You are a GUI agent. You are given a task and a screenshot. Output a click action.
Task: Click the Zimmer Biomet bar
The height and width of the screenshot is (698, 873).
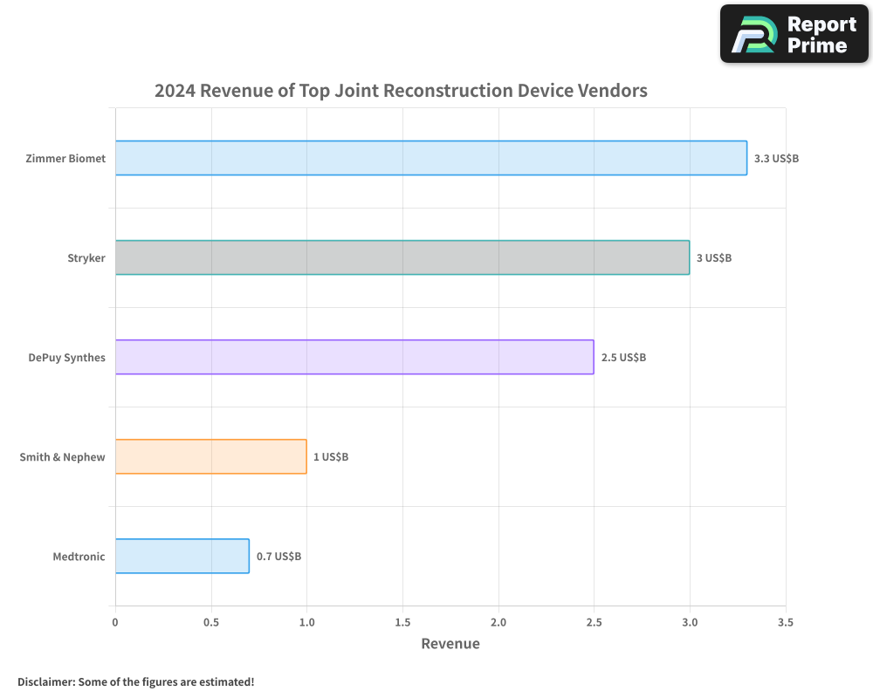(x=430, y=158)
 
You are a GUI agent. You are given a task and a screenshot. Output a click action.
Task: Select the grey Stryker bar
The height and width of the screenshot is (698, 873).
(x=402, y=257)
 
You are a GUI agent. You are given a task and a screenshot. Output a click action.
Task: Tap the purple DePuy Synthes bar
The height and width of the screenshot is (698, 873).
(x=354, y=357)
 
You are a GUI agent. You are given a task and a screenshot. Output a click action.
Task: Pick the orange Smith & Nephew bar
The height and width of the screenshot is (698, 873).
(x=210, y=456)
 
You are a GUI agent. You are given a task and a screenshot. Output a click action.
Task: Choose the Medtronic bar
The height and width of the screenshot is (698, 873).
(x=182, y=556)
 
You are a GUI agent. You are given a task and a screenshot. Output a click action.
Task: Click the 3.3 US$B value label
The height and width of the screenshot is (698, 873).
(x=776, y=159)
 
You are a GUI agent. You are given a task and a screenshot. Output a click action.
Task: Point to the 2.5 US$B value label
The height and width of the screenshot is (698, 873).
(x=623, y=358)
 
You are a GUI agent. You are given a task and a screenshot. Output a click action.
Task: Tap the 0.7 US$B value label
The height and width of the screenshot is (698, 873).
(x=278, y=557)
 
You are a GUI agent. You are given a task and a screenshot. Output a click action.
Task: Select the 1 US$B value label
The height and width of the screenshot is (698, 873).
(x=331, y=457)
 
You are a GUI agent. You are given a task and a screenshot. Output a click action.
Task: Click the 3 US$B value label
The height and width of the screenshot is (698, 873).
(x=714, y=258)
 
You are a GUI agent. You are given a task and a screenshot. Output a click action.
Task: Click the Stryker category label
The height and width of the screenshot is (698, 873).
(x=86, y=258)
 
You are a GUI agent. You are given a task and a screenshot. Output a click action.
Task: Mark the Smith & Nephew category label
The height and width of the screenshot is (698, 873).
(x=62, y=457)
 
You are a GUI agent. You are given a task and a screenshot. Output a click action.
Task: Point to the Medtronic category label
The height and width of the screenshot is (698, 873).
(x=79, y=557)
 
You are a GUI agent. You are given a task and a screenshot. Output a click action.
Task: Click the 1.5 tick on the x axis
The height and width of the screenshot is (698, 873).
(x=402, y=622)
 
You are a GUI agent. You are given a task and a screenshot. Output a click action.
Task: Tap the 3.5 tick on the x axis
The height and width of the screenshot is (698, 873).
(x=785, y=622)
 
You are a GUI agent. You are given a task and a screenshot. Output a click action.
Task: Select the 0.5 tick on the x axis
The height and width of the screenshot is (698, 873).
(x=210, y=622)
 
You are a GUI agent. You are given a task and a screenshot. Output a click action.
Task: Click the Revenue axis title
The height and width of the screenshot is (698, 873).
(x=450, y=644)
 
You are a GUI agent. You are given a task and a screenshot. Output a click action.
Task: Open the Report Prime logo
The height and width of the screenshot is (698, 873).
(x=794, y=34)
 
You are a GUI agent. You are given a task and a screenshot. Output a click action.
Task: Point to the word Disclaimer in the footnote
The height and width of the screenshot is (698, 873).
(x=45, y=681)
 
